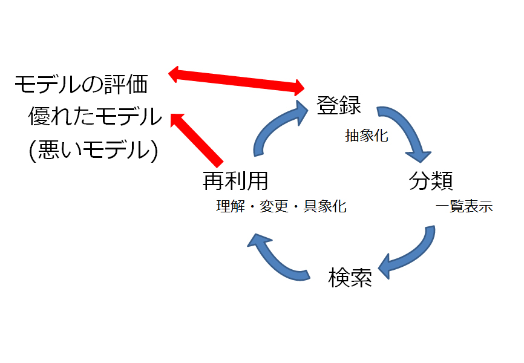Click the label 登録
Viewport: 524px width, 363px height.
pyautogui.click(x=339, y=105)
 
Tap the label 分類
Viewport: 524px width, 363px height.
pyautogui.click(x=431, y=180)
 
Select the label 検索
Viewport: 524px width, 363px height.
pyautogui.click(x=350, y=278)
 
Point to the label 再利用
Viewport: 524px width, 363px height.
pyautogui.click(x=235, y=180)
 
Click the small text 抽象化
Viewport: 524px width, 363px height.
pyautogui.click(x=367, y=136)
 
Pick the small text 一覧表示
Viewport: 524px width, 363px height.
pyautogui.click(x=464, y=206)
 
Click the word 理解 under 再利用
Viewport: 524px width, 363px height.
pyautogui.click(x=231, y=206)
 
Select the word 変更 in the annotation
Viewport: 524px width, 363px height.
pyautogui.click(x=274, y=206)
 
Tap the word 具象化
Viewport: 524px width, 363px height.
pyautogui.click(x=325, y=206)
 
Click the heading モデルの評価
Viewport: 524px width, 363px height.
pyautogui.click(x=81, y=84)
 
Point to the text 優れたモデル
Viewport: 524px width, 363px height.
pyautogui.click(x=95, y=116)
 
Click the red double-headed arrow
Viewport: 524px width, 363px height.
pyautogui.click(x=236, y=80)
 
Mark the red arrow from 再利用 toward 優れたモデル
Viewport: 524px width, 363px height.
pyautogui.click(x=197, y=140)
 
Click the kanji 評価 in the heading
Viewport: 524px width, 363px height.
pyautogui.click(x=126, y=84)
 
